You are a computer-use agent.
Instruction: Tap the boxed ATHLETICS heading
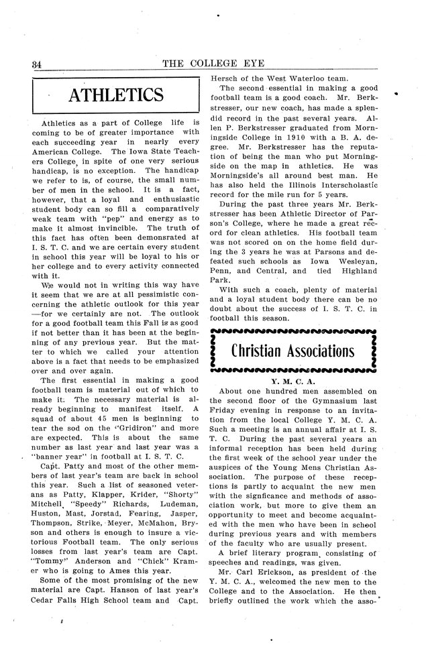pyautogui.click(x=117, y=96)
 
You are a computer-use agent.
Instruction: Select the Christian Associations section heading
pyautogui.click(x=293, y=351)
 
